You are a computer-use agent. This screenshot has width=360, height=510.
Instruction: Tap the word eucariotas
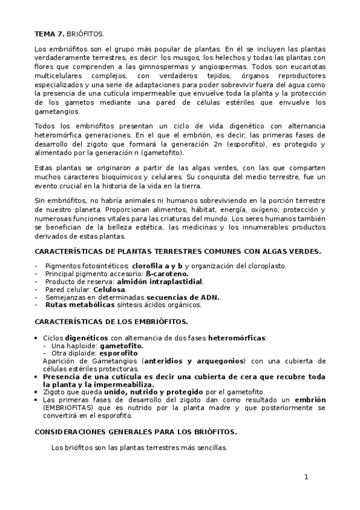tap(308, 66)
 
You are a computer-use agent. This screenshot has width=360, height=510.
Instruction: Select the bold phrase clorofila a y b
tap(157, 265)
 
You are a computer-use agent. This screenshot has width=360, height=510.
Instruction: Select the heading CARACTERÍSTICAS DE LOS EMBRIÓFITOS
tap(112, 322)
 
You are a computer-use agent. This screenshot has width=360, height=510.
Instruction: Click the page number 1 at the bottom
tap(306, 477)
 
